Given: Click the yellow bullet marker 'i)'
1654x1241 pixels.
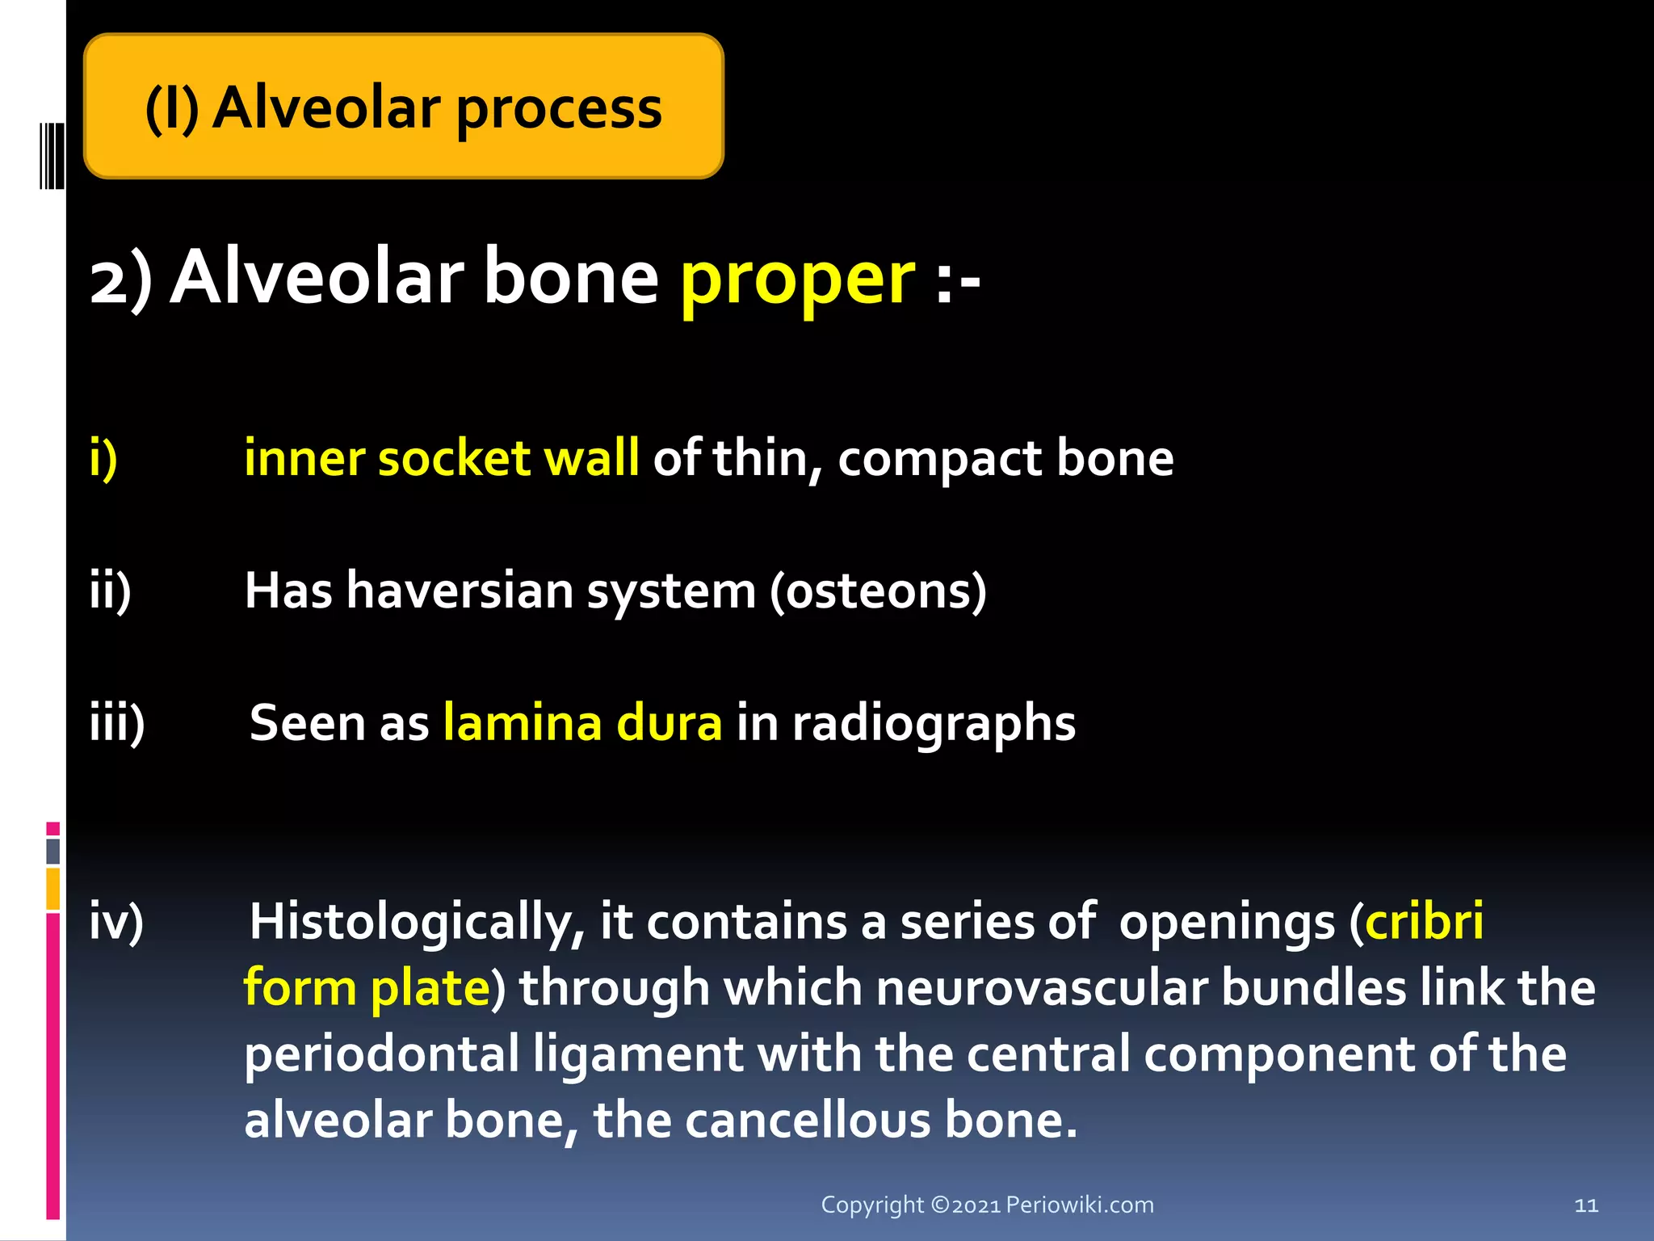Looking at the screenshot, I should point(103,458).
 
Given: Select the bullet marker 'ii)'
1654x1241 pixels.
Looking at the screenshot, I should point(110,591).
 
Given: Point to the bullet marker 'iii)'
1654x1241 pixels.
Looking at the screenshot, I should point(117,722).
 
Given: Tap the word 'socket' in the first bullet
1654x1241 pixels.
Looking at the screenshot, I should point(454,458).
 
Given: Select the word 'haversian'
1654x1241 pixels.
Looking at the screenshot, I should point(460,591).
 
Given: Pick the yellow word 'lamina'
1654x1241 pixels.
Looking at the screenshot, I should point(523,722).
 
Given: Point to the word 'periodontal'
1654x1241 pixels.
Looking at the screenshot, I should point(381,1054).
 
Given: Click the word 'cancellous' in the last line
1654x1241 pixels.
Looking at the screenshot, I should point(802,1121).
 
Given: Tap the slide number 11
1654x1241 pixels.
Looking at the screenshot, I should point(1586,1205).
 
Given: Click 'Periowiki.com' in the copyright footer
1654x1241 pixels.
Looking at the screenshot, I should point(1079,1205).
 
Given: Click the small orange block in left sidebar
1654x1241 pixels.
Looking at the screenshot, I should point(52,889).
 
